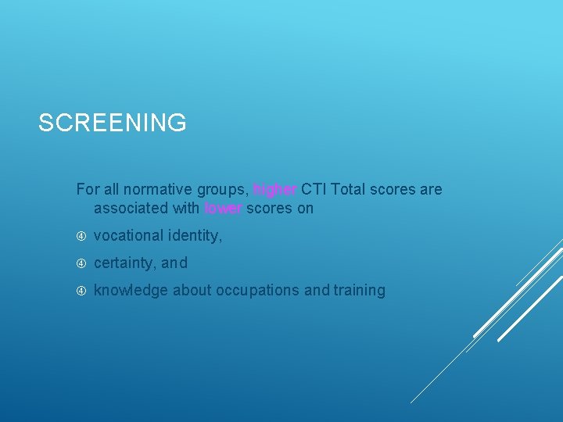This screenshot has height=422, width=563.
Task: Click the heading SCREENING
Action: [112, 123]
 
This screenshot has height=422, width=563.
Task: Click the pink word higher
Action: [275, 189]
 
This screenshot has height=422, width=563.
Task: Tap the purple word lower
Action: [224, 208]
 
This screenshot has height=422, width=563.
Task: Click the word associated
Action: [130, 208]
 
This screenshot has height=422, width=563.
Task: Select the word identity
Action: [195, 236]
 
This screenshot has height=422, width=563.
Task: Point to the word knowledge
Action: [131, 290]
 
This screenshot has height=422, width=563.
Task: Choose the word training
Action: [359, 290]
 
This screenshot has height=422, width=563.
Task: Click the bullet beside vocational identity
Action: [81, 235]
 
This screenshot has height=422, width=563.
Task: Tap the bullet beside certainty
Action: [81, 263]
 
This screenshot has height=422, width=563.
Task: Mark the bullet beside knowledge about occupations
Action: [81, 290]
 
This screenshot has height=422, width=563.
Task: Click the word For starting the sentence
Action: [88, 189]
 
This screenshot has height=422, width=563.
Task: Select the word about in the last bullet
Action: [192, 290]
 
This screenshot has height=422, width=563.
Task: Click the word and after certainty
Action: [174, 263]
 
